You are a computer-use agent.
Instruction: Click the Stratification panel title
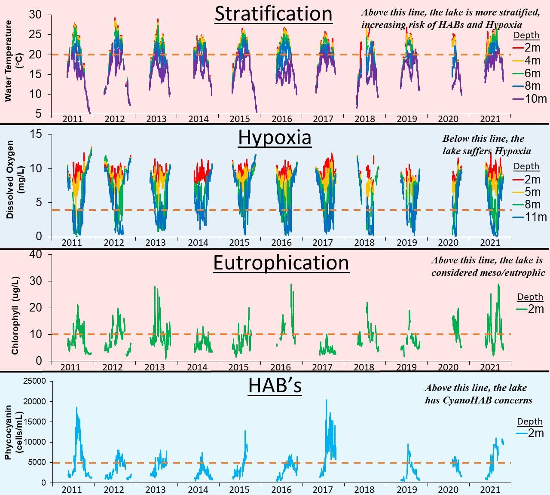tap(273, 14)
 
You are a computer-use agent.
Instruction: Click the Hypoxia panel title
tap(275, 137)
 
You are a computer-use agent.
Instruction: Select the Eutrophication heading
tap(281, 263)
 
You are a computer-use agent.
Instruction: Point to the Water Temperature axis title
tap(8, 61)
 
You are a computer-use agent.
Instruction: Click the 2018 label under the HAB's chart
tap(364, 489)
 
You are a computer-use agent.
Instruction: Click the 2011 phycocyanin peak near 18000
tap(77, 408)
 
